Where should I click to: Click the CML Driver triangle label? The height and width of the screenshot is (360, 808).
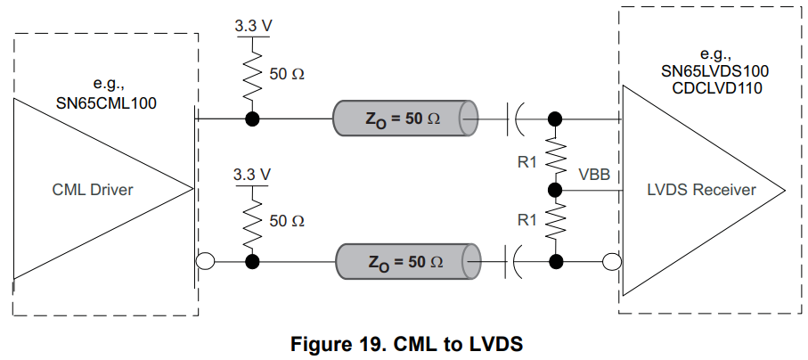94,189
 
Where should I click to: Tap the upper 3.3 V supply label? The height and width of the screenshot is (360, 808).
252,26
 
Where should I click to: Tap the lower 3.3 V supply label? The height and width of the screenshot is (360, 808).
252,175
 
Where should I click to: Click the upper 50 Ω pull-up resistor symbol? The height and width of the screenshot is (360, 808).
252,75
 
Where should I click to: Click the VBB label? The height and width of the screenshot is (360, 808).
593,175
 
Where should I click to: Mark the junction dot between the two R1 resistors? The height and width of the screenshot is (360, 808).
556,190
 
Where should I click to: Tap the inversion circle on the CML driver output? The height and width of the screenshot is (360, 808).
204,261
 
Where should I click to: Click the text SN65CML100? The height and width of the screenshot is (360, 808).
112,102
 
